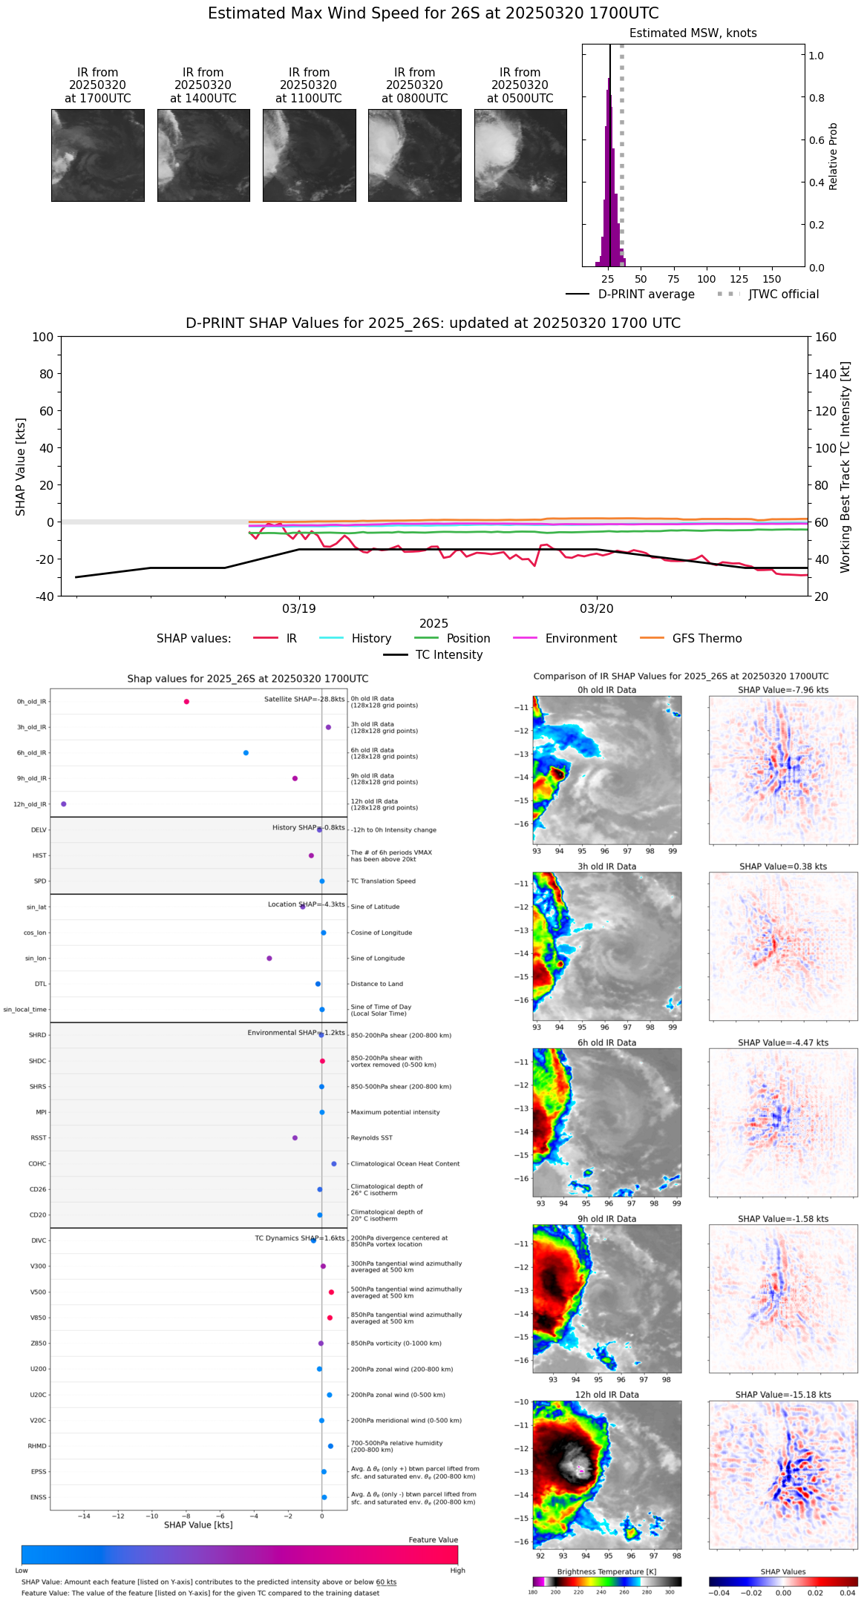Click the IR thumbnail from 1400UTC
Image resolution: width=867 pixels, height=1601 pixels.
click(x=203, y=155)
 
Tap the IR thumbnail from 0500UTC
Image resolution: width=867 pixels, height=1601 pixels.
click(x=520, y=155)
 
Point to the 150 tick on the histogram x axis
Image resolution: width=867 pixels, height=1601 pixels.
click(x=772, y=279)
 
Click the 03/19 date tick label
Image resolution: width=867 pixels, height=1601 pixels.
click(x=299, y=608)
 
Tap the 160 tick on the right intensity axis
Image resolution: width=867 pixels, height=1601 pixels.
click(x=826, y=337)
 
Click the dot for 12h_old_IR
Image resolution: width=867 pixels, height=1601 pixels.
click(x=64, y=804)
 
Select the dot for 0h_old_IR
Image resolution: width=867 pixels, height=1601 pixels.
click(x=186, y=702)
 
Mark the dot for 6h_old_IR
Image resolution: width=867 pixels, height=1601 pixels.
click(x=246, y=753)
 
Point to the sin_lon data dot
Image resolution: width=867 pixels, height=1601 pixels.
click(x=269, y=959)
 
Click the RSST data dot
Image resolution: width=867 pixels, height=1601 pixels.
click(x=295, y=1138)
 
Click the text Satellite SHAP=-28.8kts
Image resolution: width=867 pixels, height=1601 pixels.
click(x=304, y=700)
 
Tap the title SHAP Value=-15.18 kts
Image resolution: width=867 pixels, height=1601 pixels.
click(x=783, y=1395)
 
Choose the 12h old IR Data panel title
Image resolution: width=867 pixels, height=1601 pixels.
click(x=606, y=1395)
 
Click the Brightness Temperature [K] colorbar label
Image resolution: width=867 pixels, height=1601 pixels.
click(x=606, y=1572)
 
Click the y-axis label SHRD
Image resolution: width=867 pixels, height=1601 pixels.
click(x=37, y=1035)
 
